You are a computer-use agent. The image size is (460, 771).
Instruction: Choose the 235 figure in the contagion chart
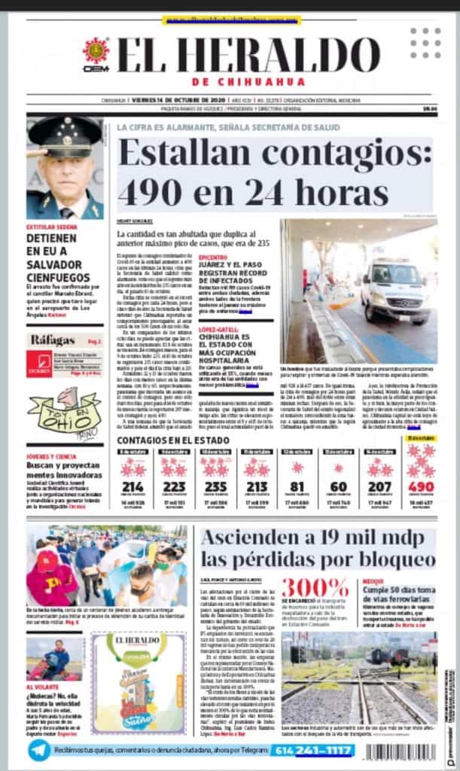215,486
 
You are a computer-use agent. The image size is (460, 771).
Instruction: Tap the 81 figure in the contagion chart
297,486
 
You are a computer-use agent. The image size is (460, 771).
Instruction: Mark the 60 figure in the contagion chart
339,486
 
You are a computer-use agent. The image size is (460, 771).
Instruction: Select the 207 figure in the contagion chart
380,486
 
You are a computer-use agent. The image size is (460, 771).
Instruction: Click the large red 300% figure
314,587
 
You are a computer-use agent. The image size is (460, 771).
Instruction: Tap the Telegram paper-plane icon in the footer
38,749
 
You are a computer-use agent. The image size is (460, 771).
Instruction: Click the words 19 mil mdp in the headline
346,538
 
